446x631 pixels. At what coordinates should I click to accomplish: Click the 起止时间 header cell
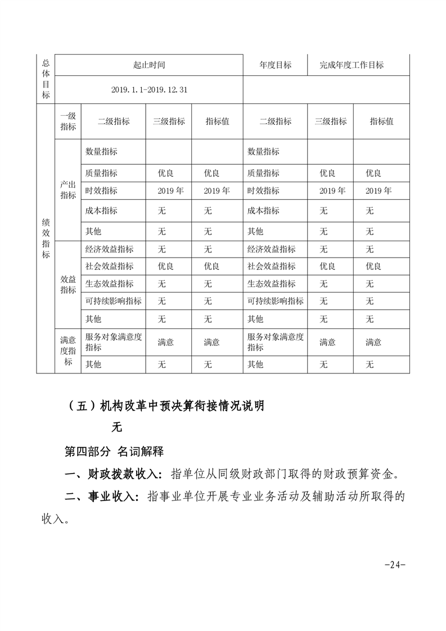click(x=149, y=65)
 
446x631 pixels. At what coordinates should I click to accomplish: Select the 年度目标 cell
click(x=276, y=65)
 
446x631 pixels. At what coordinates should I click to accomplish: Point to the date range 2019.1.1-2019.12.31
click(x=149, y=90)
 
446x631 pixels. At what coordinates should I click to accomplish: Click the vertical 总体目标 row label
click(x=46, y=79)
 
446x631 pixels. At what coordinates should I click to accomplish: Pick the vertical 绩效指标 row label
click(x=46, y=238)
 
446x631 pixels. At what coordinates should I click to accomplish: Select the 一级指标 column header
click(x=68, y=121)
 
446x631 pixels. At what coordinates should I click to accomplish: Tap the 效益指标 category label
click(x=68, y=284)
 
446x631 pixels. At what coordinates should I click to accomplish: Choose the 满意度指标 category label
click(x=68, y=351)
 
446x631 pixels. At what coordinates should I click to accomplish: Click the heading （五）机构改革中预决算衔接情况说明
click(x=164, y=406)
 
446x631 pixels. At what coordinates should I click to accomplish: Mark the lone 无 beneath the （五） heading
click(x=116, y=427)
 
